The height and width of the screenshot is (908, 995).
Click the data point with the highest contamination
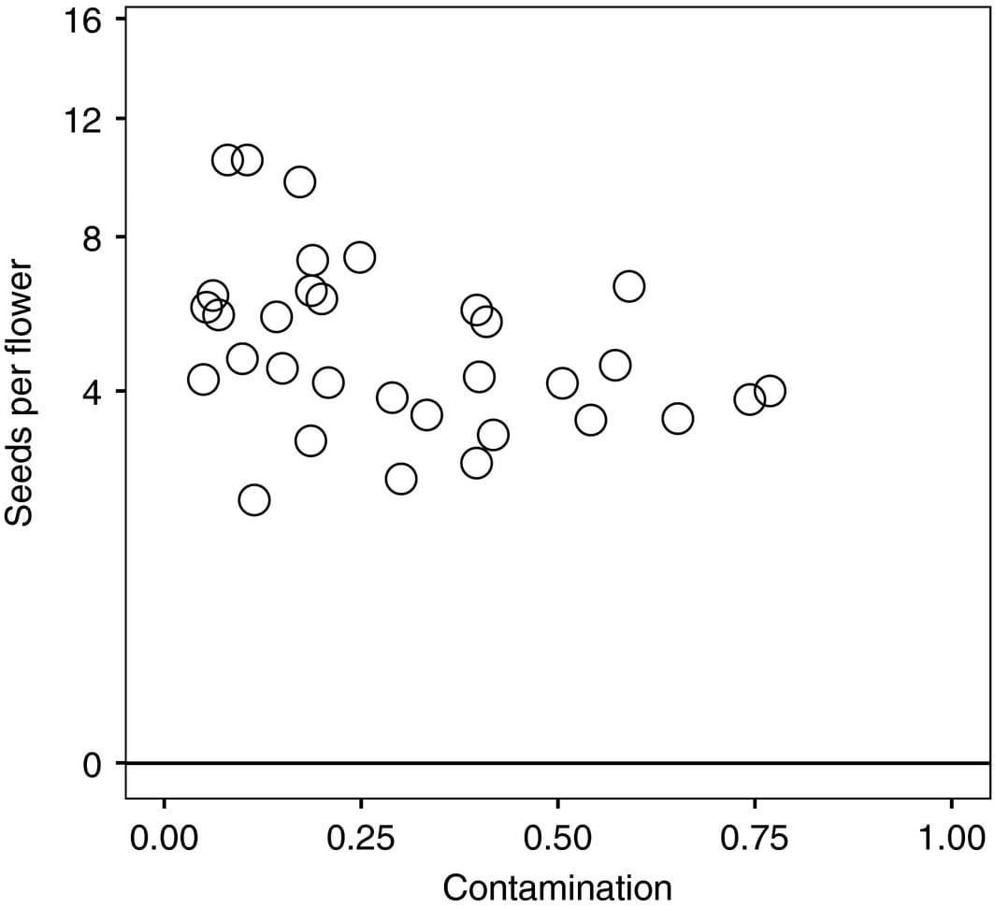click(769, 391)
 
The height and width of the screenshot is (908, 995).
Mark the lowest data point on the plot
click(253, 500)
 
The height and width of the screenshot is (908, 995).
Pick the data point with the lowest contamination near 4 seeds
click(203, 380)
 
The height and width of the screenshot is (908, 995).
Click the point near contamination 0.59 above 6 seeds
click(628, 286)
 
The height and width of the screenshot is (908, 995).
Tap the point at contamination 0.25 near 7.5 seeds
click(359, 257)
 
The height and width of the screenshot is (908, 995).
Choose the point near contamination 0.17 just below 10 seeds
click(299, 181)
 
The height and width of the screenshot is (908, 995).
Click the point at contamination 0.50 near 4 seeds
click(562, 382)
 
